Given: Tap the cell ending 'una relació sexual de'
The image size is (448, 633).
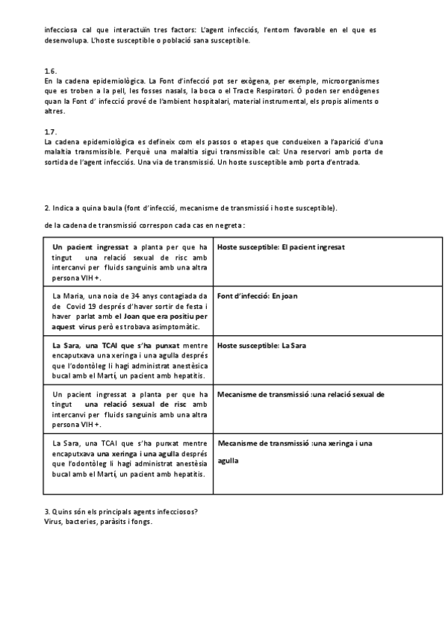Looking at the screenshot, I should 300,394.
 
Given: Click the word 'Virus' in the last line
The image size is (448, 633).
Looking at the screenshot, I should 54,522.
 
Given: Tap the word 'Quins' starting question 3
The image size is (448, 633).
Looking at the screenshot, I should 63,511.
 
